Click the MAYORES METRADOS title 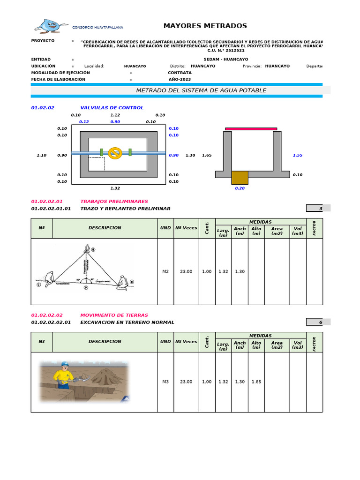point(205,26)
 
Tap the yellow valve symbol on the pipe point(115,153)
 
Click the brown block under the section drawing point(240,178)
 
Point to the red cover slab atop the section point(251,128)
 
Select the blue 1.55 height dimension point(297,155)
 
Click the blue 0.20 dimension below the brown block point(240,188)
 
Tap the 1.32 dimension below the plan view point(115,188)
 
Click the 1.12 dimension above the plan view point(115,115)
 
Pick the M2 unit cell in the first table point(165,271)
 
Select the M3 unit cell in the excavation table point(165,382)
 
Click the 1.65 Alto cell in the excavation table point(256,382)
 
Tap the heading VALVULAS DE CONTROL point(112,108)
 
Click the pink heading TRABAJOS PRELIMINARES point(114,201)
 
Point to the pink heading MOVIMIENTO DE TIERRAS point(114,315)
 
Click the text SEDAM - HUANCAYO point(226,60)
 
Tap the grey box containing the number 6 point(318,322)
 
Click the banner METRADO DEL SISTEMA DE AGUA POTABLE point(201,90)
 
